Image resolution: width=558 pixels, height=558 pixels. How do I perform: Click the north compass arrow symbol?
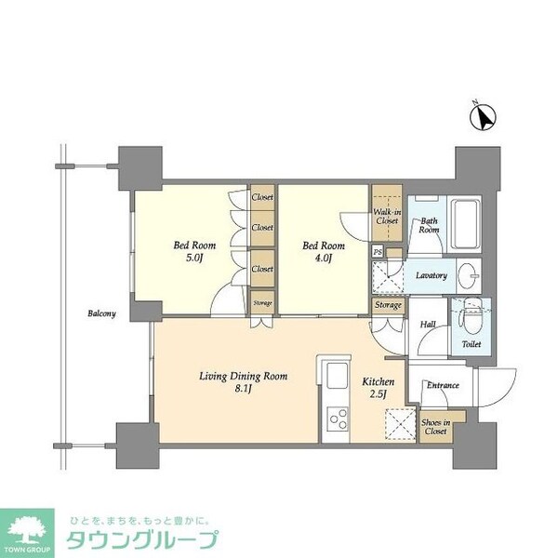point(483,117)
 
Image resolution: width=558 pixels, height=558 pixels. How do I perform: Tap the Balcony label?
point(101,313)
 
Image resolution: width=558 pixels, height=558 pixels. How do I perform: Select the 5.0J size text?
point(194,258)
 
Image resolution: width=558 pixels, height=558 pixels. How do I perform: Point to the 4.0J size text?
point(323,258)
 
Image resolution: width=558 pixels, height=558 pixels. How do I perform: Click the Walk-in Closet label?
point(387,217)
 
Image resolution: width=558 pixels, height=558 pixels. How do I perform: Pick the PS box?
point(378,252)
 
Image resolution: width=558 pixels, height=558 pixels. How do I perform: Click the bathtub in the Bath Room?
point(465,224)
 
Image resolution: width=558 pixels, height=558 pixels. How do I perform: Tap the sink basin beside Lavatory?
point(469,276)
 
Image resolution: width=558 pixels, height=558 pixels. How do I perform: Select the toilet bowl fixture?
point(471,318)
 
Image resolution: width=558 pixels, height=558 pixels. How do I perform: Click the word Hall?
point(428,325)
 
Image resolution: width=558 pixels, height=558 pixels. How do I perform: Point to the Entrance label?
point(443,385)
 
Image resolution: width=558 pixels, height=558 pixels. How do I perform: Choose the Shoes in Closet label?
point(435,427)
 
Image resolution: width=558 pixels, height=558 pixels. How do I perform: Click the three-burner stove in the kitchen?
point(338,418)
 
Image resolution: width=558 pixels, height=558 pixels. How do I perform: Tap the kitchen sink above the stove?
point(337,376)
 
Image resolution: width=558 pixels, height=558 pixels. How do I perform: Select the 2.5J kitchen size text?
point(378,394)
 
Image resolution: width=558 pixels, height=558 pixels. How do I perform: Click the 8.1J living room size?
point(243,389)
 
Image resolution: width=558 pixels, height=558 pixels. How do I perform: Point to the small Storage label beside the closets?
point(262,303)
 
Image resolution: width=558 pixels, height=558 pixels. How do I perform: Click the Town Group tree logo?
point(27,530)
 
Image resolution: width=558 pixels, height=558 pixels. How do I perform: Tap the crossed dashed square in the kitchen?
point(401,424)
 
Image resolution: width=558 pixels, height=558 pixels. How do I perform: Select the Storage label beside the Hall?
point(388,305)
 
